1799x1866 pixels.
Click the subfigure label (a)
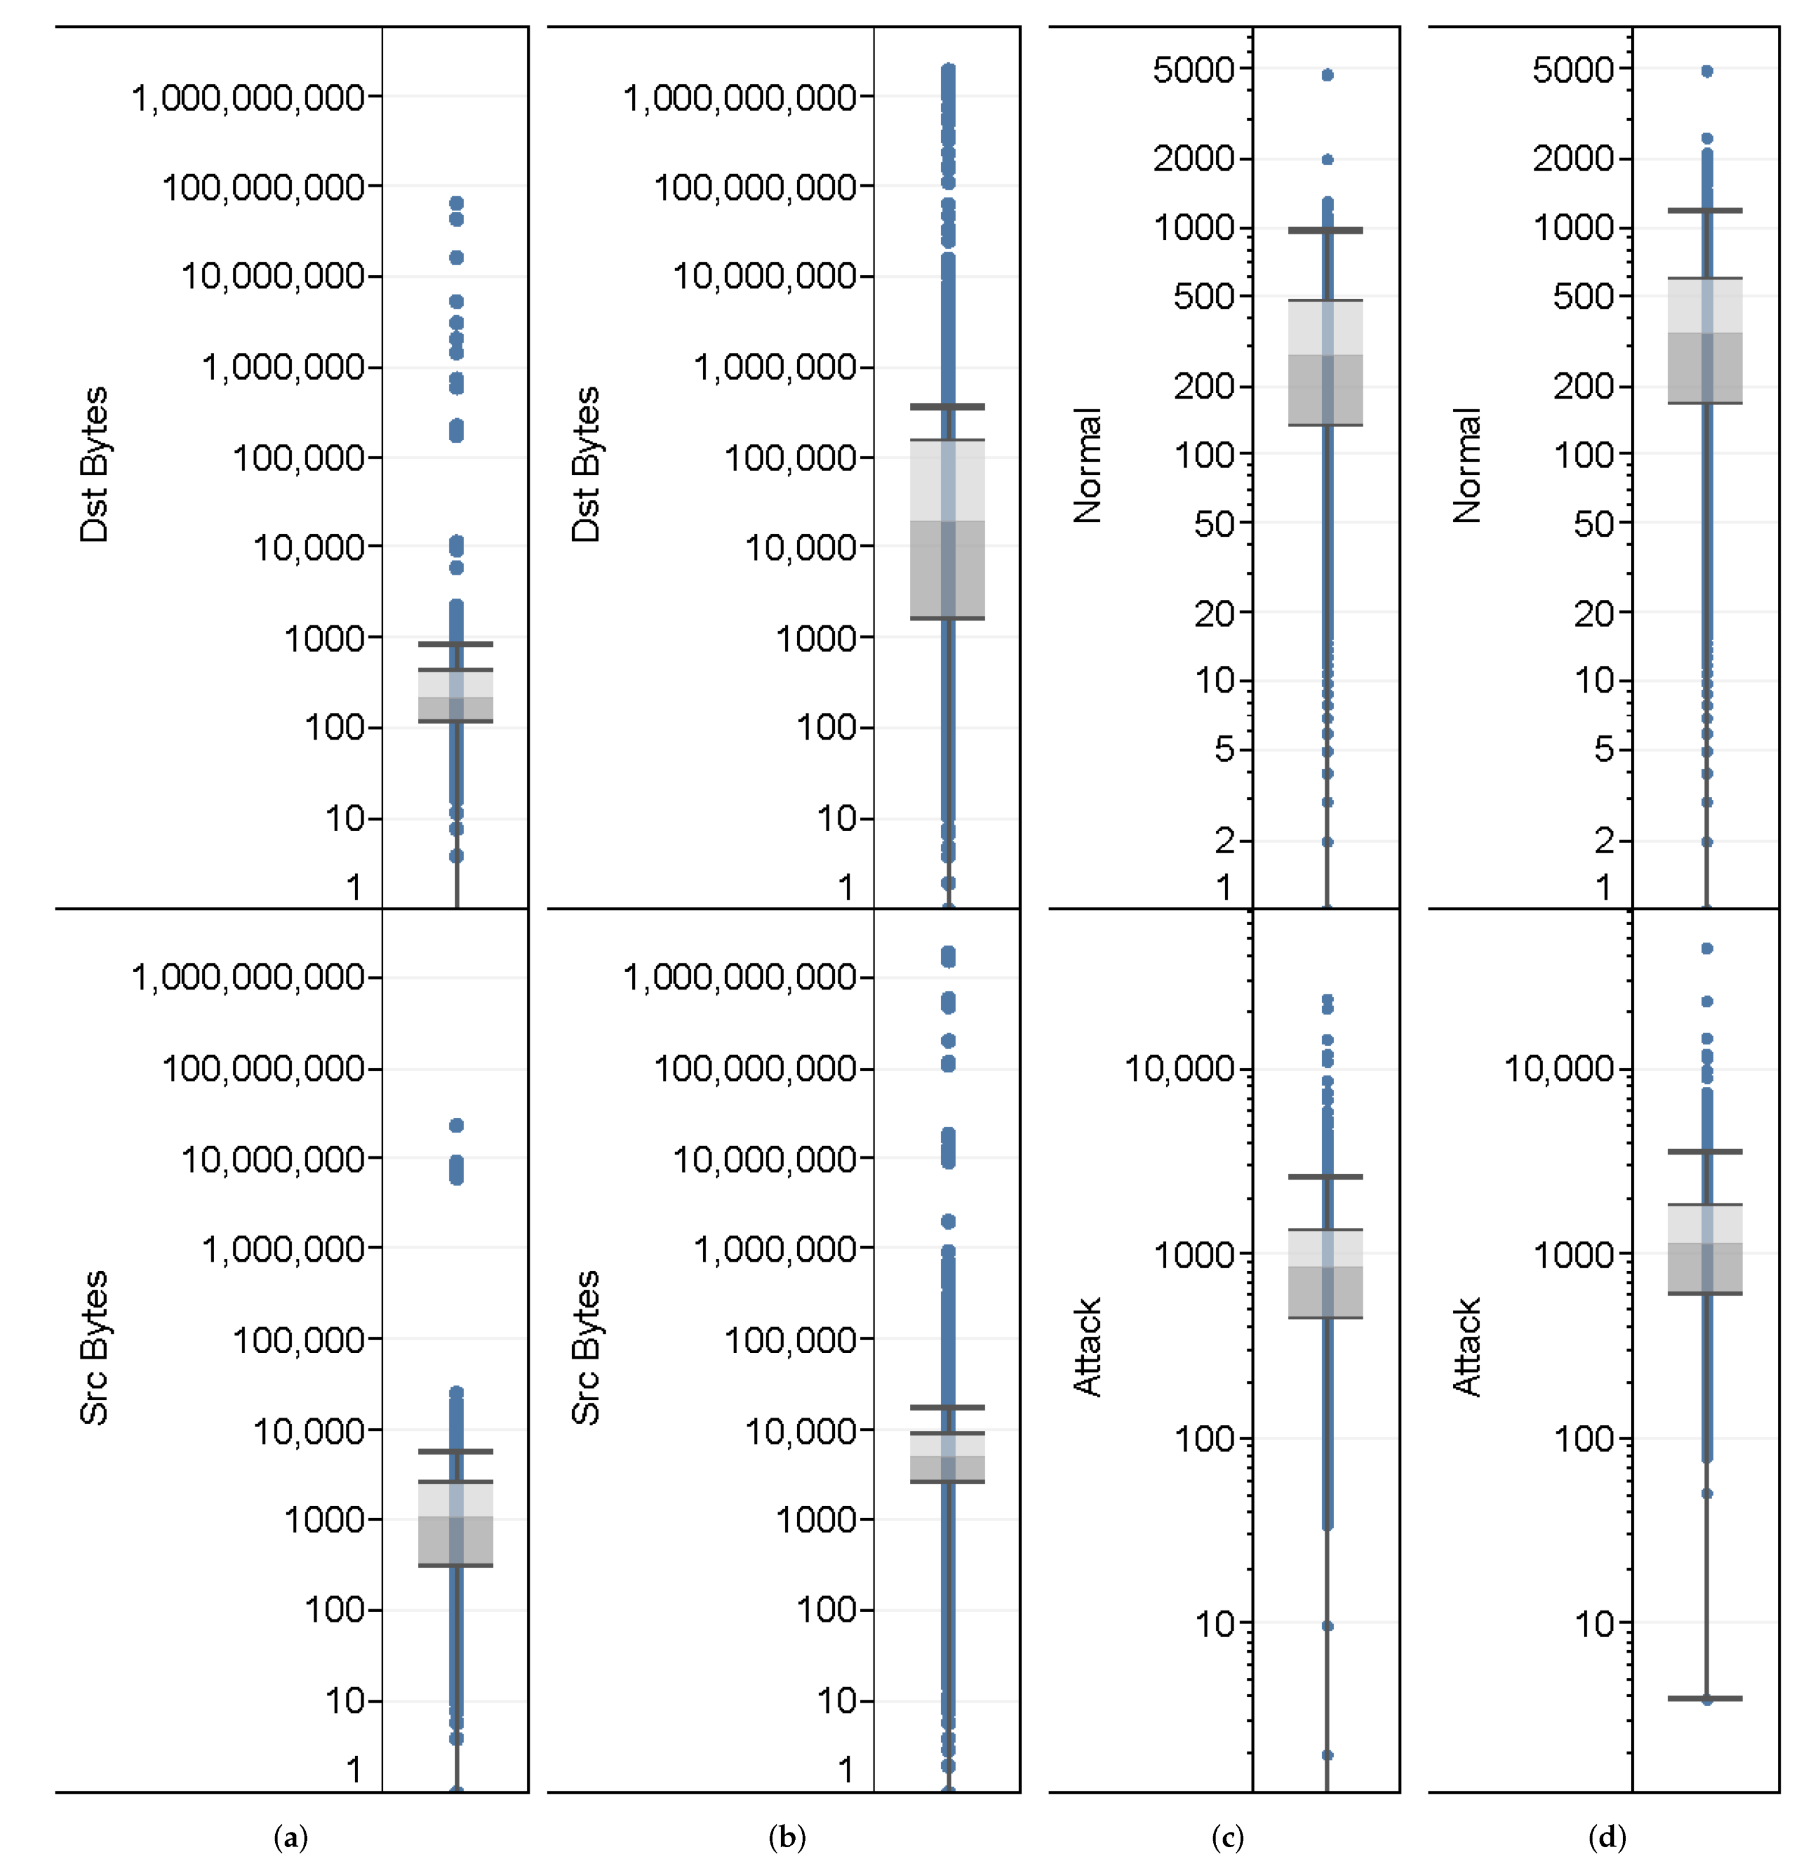coord(291,1837)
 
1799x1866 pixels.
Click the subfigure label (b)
coord(786,1837)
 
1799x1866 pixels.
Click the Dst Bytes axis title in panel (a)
coord(94,465)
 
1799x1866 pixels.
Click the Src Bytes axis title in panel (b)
coord(585,1347)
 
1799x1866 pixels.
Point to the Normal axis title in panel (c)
coord(1086,466)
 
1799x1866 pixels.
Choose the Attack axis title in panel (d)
coord(1466,1347)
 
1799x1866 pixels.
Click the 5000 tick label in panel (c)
coord(1194,69)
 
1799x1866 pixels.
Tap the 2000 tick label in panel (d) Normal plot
coord(1573,158)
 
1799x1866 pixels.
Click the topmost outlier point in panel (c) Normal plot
coord(1327,74)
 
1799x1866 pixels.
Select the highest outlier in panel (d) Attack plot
coord(1707,948)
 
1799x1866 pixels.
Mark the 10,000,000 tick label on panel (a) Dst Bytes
coord(273,276)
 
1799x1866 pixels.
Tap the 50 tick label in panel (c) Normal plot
coord(1214,523)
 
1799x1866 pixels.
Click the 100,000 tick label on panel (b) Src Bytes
coord(790,1340)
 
